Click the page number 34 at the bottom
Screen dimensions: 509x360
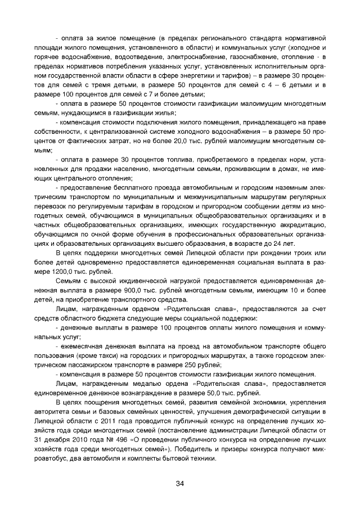coord(180,483)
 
